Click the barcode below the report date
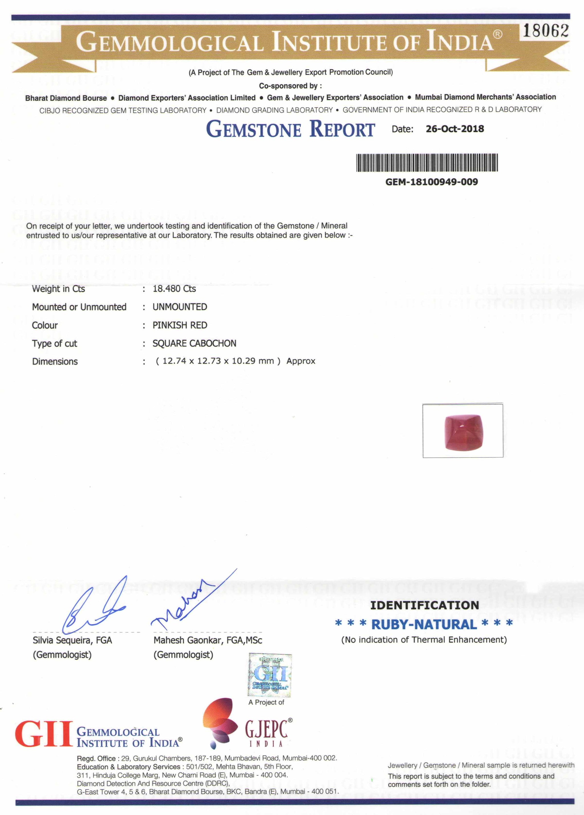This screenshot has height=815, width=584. click(427, 163)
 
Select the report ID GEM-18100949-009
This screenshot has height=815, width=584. click(432, 182)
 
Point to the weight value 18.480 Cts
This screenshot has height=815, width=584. click(174, 289)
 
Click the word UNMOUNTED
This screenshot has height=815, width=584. click(180, 307)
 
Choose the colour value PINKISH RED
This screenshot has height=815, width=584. click(180, 325)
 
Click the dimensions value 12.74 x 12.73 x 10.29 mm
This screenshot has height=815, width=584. click(218, 361)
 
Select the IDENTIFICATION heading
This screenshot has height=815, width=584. click(424, 605)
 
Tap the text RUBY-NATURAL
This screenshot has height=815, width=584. click(424, 625)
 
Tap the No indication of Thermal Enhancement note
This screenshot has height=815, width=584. click(424, 640)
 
